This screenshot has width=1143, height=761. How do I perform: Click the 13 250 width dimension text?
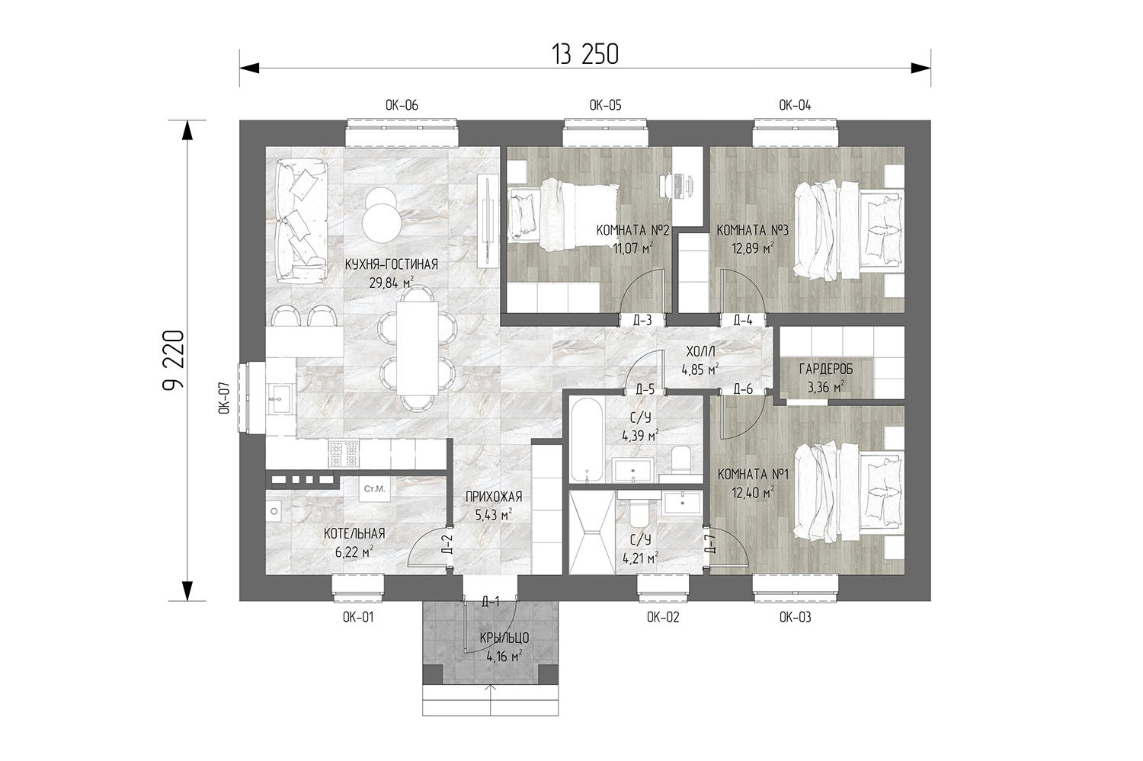pos(585,55)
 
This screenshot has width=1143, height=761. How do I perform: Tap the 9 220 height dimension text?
pos(174,360)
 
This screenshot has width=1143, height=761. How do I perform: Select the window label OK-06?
pos(402,106)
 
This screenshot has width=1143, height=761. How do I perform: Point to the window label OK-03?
pos(795,618)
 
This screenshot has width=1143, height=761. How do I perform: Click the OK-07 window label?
pos(225,398)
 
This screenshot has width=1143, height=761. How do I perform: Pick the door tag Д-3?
pos(642,320)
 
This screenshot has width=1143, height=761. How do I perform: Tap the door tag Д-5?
pos(645,390)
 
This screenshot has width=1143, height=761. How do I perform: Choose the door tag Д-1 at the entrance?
pos(491,603)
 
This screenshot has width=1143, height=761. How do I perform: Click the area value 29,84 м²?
pos(392,283)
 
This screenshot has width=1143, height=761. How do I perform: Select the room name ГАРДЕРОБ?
pos(826,369)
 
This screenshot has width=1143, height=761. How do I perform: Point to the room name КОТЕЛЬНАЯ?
pos(354,533)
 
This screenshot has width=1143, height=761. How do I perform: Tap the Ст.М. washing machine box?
pos(374,490)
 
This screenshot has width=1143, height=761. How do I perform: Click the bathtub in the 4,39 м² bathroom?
pos(586,440)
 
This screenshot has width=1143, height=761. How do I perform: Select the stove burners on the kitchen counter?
pos(344,455)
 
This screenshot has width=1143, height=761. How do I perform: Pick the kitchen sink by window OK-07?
pos(280,399)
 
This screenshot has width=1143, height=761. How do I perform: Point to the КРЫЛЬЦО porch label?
pos(504,638)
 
